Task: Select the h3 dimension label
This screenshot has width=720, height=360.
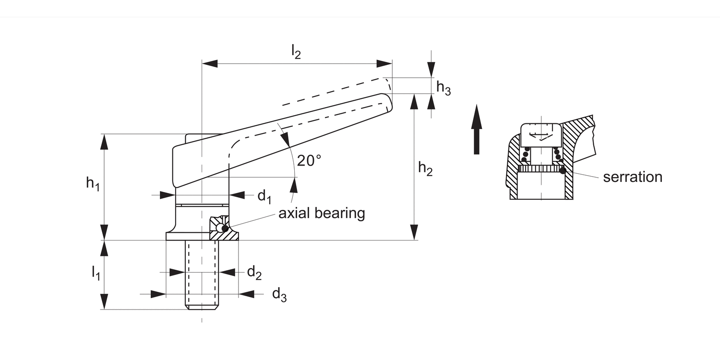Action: [x=444, y=87]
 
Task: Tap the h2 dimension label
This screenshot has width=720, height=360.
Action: [x=425, y=169]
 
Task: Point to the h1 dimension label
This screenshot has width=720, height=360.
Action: [x=92, y=183]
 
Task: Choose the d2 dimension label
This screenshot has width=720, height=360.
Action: [x=254, y=273]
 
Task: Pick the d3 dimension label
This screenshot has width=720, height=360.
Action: [x=279, y=294]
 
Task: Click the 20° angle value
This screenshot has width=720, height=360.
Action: [x=309, y=160]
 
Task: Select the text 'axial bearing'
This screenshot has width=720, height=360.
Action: [x=322, y=213]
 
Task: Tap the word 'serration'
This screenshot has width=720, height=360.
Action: [x=632, y=177]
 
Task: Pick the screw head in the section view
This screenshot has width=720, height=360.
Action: [x=541, y=132]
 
